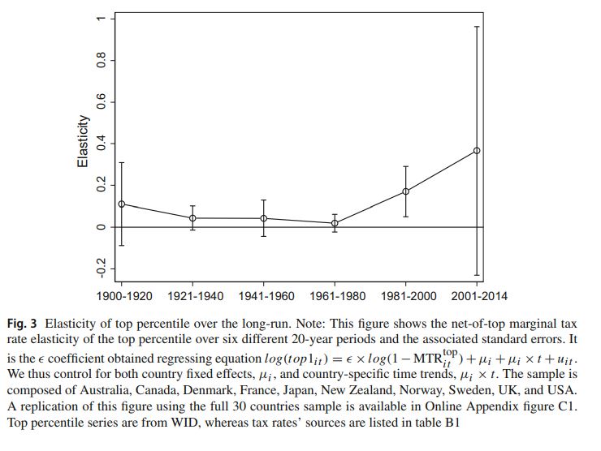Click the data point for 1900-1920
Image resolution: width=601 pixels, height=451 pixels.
point(122,204)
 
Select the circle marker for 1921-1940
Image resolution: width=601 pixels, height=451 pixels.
point(192,218)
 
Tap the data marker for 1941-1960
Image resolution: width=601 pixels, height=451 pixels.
point(264,218)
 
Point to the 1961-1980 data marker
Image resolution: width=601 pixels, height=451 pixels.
point(335,223)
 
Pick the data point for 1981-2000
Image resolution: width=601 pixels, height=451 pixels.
point(406,191)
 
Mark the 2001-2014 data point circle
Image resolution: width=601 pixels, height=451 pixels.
point(477,150)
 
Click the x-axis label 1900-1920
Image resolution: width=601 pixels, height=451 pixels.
point(123,296)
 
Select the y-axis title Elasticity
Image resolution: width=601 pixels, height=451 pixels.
point(83,143)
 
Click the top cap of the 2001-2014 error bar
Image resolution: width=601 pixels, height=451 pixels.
point(477,27)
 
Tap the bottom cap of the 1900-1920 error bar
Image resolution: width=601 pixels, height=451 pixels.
point(122,245)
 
